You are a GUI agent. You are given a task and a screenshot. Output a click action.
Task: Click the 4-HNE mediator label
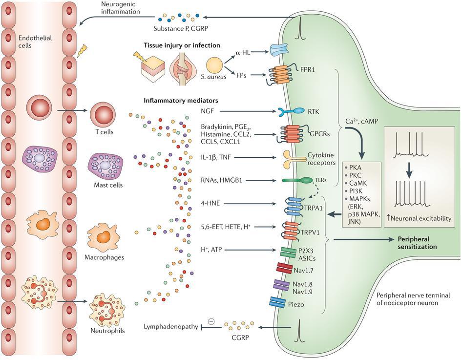click(x=209, y=204)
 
